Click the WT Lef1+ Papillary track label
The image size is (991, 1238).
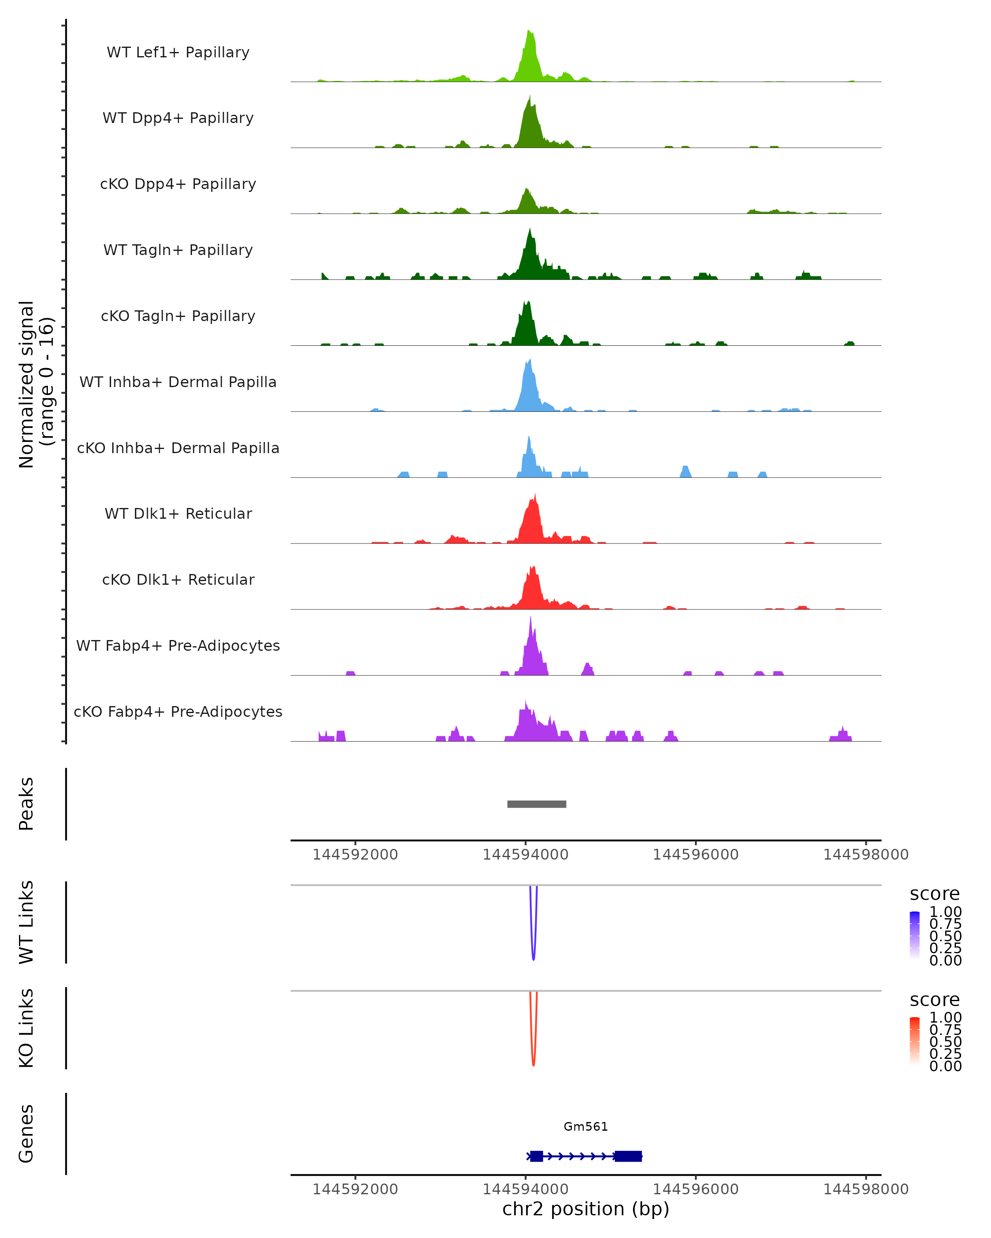[x=178, y=53]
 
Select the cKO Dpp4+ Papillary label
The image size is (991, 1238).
[x=178, y=184]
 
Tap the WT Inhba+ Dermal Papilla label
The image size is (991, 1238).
[x=178, y=383]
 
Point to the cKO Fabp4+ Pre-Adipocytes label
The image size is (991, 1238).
[x=178, y=712]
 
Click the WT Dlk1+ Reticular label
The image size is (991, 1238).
[x=178, y=514]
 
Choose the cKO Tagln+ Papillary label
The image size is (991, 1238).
[x=178, y=317]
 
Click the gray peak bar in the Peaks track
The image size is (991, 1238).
[x=536, y=804]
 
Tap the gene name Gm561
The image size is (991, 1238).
[x=586, y=1127]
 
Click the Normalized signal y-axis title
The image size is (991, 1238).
[x=36, y=385]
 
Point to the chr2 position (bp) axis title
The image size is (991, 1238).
[x=586, y=1209]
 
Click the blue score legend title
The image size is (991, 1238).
[x=934, y=894]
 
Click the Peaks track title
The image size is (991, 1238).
[x=26, y=804]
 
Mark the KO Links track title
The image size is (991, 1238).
[x=26, y=1028]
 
